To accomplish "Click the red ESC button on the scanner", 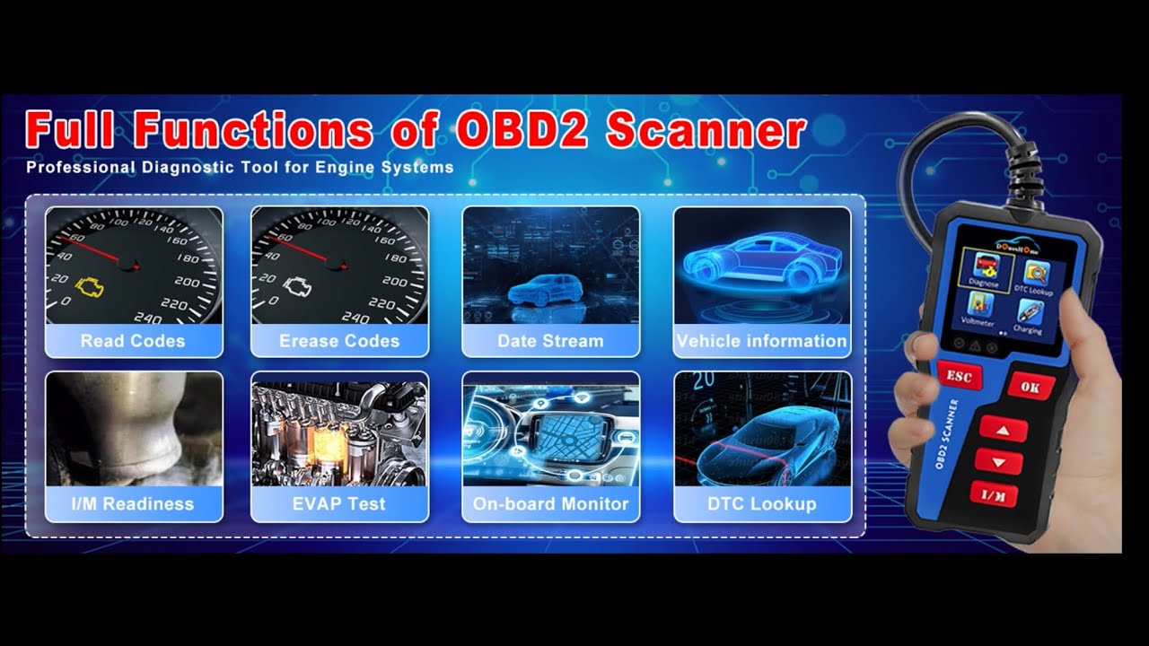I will pos(959,375).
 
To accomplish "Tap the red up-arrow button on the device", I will pos(1004,429).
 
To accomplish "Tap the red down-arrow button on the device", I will pos(999,461).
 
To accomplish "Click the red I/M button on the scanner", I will pos(993,493).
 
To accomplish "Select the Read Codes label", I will pos(133,341).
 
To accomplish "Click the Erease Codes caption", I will pos(339,341).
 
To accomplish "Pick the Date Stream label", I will pos(550,341).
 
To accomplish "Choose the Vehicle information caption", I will pos(761,341).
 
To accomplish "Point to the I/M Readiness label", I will pos(133,504).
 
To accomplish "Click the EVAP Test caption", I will pos(339,504).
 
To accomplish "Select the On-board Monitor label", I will pos(550,504).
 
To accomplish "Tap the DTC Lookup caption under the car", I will pos(761,504).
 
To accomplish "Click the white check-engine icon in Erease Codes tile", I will pos(294,286).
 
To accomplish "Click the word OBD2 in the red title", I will pos(522,132).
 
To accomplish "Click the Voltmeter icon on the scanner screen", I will pos(978,308).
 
